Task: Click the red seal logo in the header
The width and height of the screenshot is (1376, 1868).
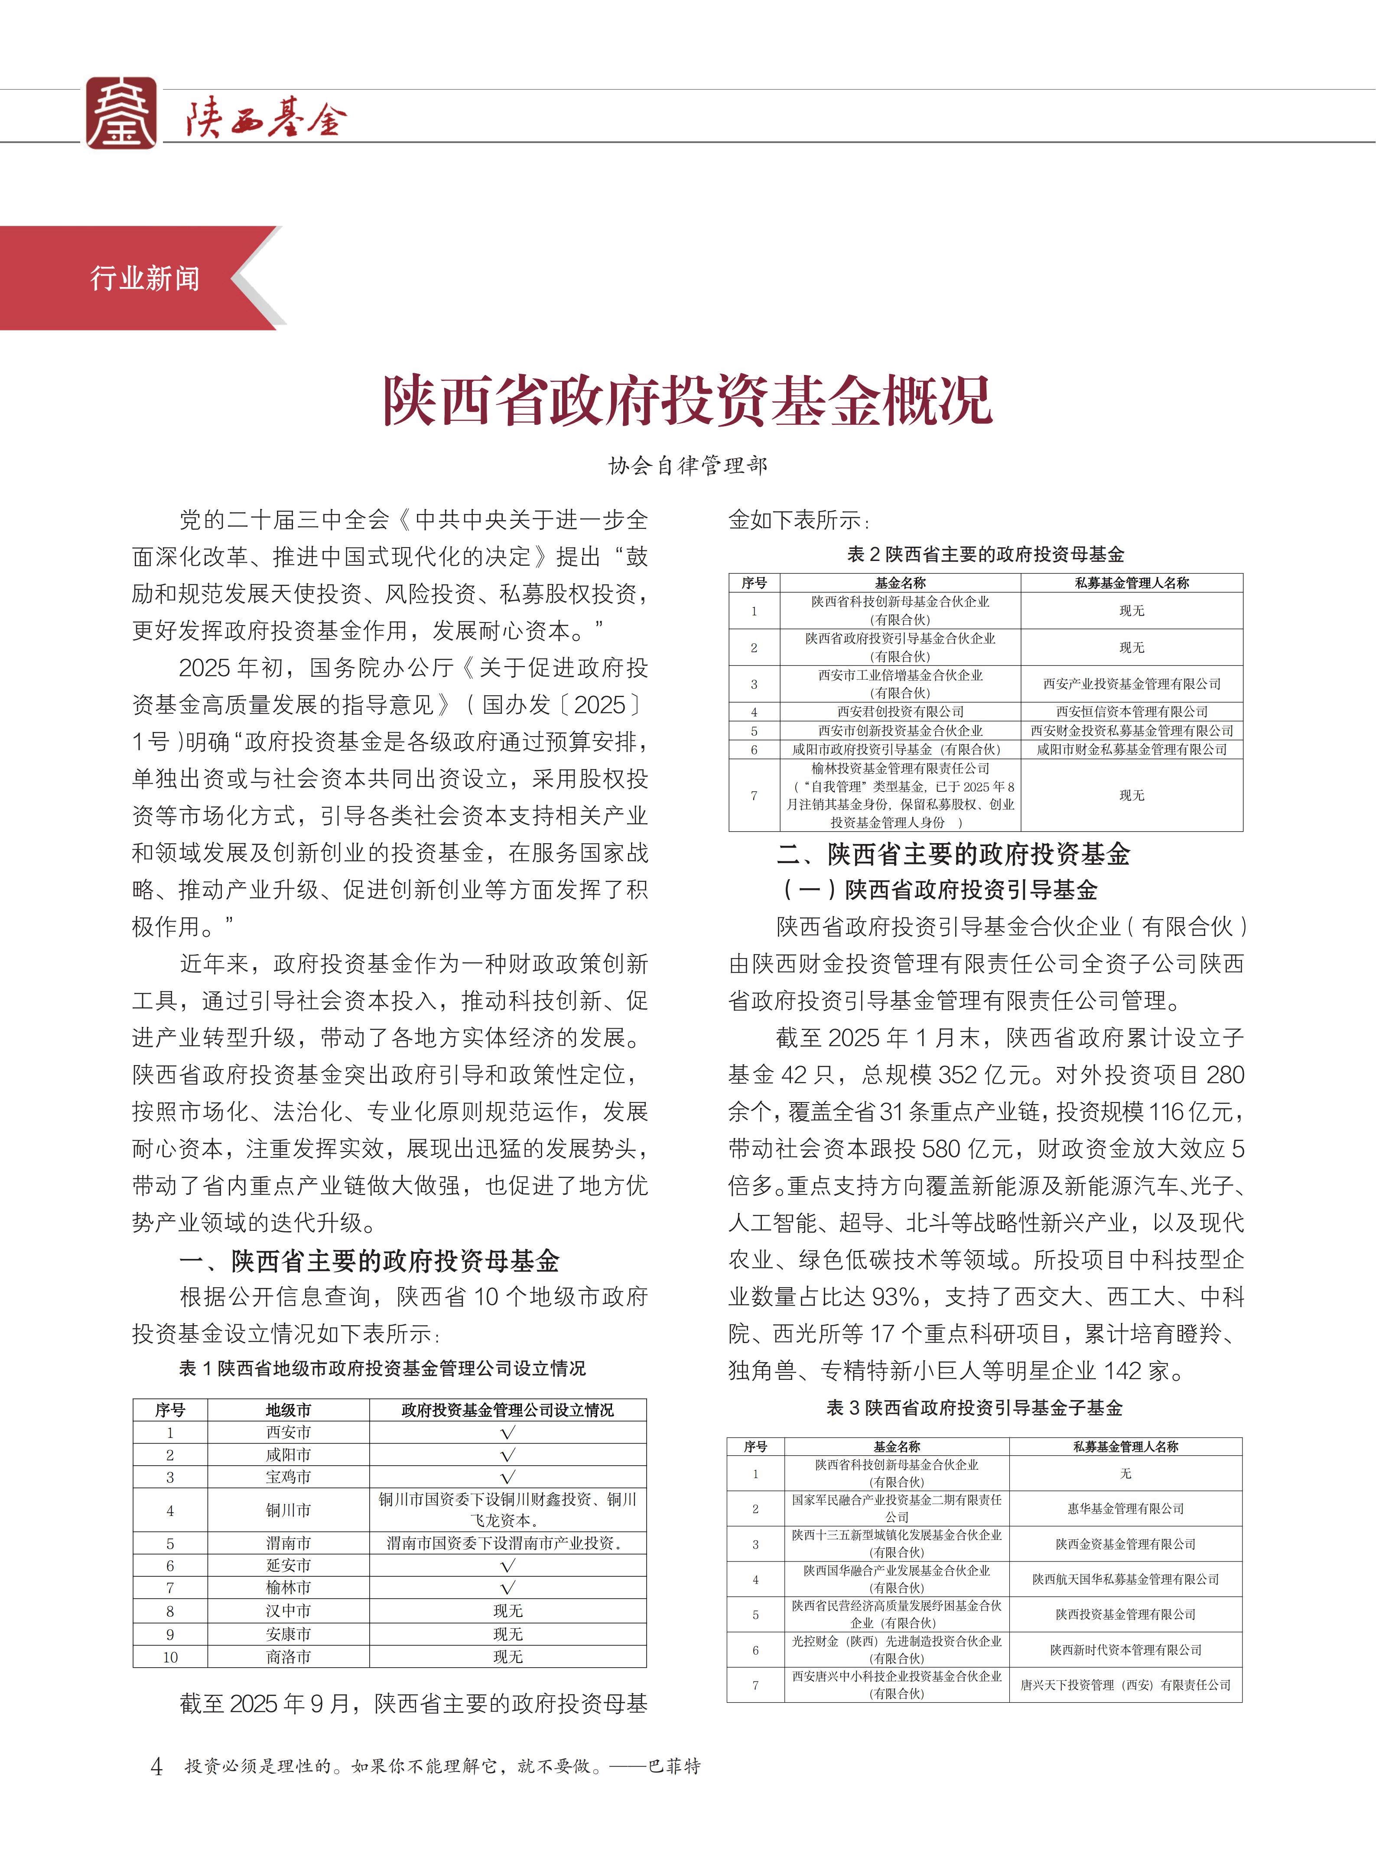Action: pyautogui.click(x=122, y=113)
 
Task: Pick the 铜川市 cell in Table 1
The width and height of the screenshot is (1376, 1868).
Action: pyautogui.click(x=288, y=1510)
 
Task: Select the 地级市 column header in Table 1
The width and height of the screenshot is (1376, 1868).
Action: pyautogui.click(x=288, y=1410)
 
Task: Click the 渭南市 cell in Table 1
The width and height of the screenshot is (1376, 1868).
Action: pyautogui.click(x=288, y=1543)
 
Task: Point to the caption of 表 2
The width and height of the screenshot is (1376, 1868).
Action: pyautogui.click(x=986, y=554)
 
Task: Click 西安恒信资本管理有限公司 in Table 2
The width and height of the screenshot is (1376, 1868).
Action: pyautogui.click(x=1131, y=711)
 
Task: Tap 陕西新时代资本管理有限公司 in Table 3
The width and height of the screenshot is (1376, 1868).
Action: pyautogui.click(x=1126, y=1650)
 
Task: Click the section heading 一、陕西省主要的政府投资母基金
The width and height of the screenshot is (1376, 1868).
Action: pyautogui.click(x=369, y=1261)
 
